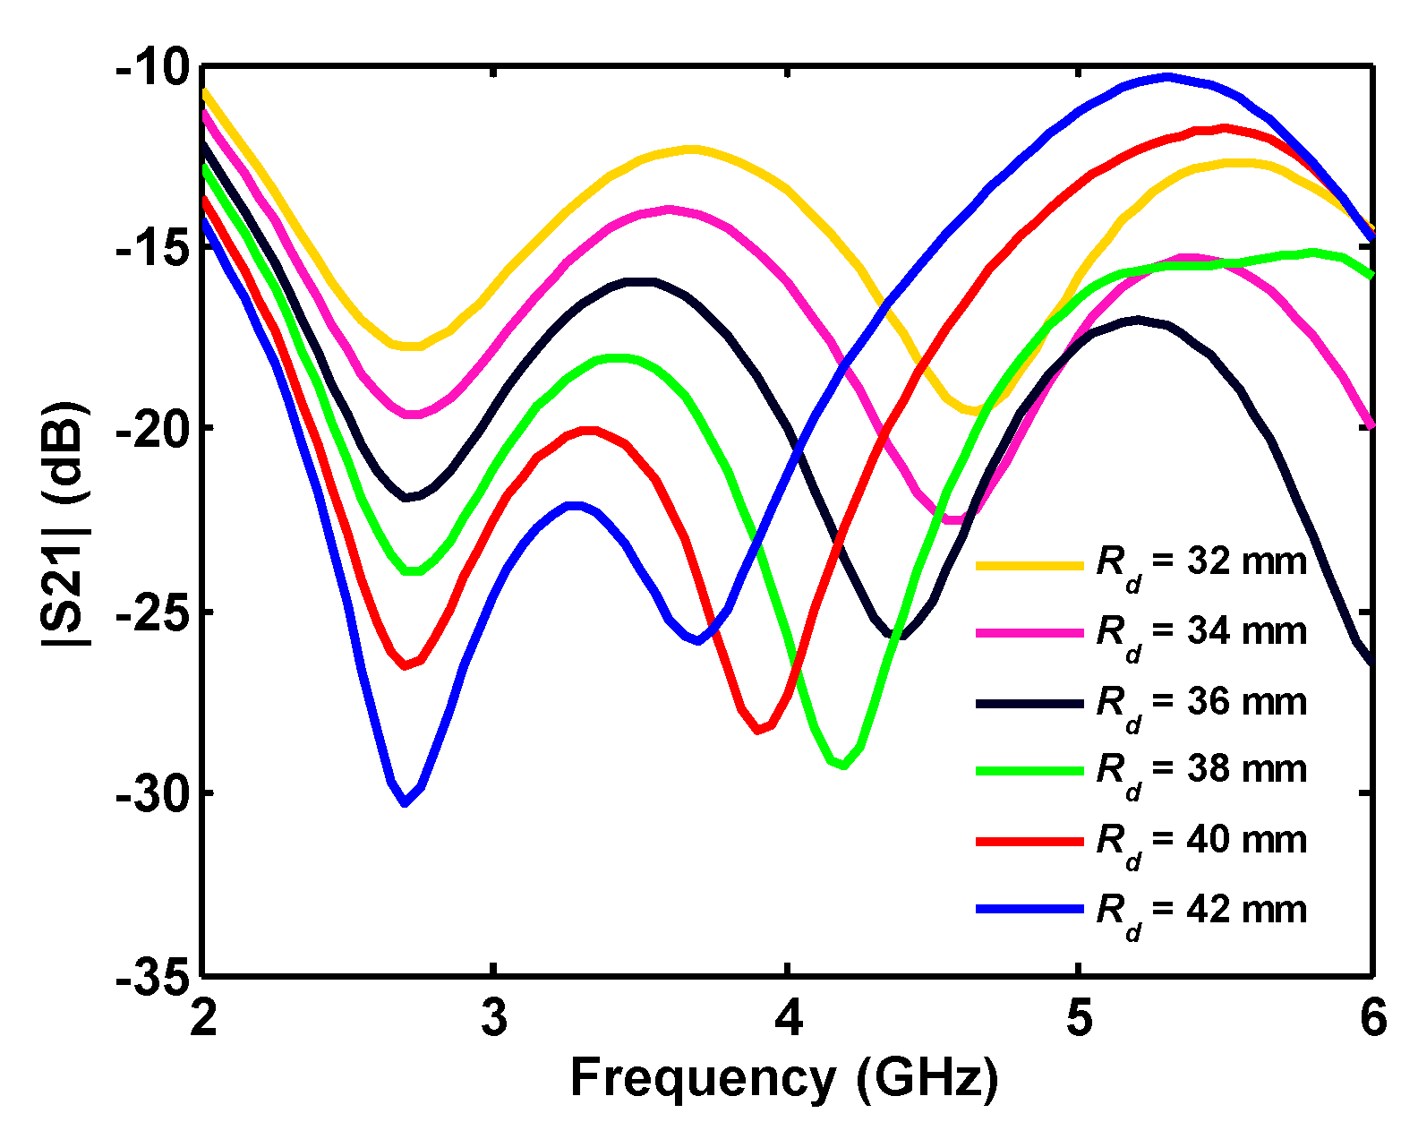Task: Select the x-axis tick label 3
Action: [494, 1019]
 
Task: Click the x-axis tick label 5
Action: [1081, 1019]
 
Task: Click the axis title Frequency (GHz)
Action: [784, 1077]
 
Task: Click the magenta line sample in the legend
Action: [1029, 633]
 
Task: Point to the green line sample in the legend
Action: [1029, 770]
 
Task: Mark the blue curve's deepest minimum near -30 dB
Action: [406, 802]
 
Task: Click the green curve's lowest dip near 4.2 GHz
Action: [842, 765]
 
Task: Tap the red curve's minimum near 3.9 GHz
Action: [758, 730]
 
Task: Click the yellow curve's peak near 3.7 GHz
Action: [692, 149]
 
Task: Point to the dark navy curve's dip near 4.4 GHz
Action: [897, 636]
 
